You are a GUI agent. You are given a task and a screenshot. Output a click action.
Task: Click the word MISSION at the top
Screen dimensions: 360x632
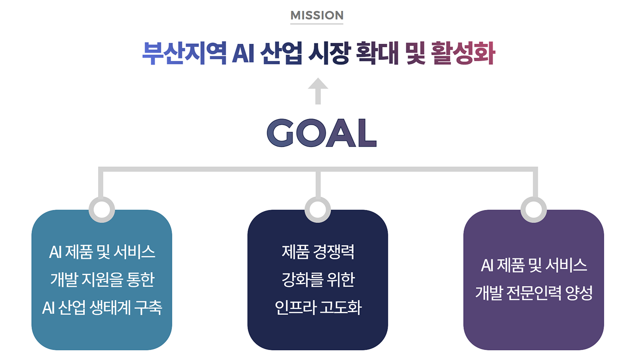317,16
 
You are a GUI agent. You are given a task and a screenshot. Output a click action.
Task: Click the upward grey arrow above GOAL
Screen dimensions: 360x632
318,91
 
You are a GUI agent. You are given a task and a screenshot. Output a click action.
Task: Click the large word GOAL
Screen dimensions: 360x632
321,133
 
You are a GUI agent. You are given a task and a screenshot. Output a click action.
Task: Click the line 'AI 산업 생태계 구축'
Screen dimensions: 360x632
102,308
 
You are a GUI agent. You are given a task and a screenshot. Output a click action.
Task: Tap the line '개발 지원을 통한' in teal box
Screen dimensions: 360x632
102,280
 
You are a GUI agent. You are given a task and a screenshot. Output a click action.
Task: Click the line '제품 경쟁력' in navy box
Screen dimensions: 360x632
318,252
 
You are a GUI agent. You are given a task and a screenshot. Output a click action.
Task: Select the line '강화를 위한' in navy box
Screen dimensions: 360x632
318,280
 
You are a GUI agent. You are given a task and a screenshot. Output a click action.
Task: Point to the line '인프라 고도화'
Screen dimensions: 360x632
318,308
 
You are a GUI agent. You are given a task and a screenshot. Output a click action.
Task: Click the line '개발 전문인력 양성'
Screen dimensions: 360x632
533,294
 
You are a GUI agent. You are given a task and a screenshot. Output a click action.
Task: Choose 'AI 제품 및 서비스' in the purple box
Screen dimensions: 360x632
533,266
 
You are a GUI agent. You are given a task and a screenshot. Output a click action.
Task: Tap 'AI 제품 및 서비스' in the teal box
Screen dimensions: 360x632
102,252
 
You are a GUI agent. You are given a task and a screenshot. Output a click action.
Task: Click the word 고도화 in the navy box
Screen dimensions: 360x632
340,308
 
